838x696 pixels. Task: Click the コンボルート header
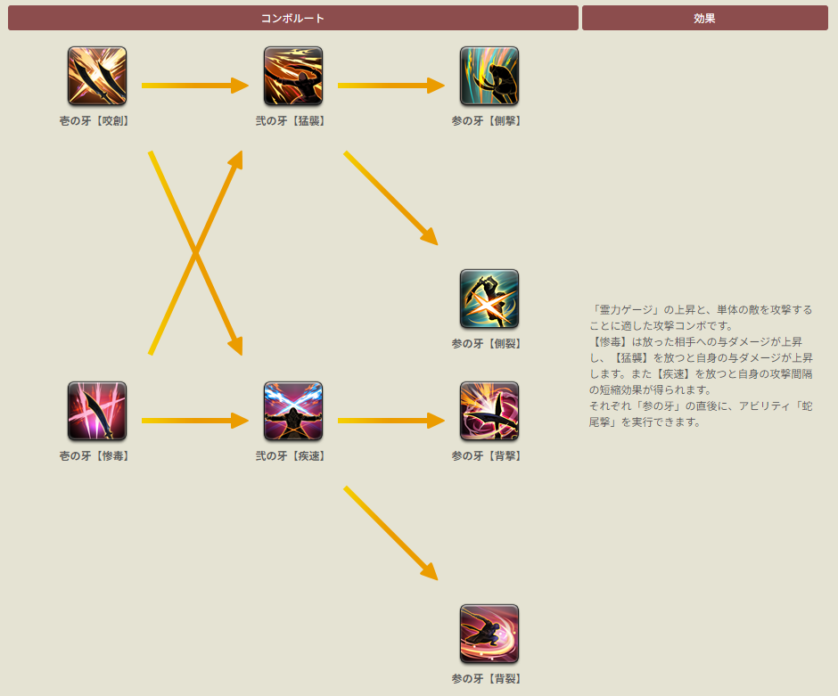tap(292, 18)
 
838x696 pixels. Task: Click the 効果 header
tap(704, 18)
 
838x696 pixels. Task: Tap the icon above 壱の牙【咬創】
tap(97, 77)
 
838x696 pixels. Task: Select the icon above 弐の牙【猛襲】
tap(293, 77)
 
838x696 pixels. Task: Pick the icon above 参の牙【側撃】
tap(489, 77)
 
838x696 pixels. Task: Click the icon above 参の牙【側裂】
tap(489, 299)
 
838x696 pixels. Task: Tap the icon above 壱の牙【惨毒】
tap(97, 412)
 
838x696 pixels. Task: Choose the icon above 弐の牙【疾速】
tap(293, 412)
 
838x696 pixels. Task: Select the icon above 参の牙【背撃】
tap(489, 412)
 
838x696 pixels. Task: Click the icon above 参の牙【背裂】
tap(489, 635)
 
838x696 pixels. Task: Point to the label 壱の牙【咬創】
tap(94, 121)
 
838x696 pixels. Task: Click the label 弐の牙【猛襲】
tap(291, 121)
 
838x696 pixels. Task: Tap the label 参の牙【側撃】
tap(487, 121)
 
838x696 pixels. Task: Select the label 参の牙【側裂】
tap(487, 344)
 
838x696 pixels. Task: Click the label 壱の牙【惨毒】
tap(94, 456)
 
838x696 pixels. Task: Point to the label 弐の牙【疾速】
tap(291, 456)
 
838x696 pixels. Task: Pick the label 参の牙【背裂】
tap(487, 679)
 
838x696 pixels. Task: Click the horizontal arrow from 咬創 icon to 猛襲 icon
tap(194, 86)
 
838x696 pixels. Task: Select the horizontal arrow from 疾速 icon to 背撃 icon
tap(390, 421)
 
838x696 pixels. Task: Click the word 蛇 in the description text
tap(806, 406)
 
